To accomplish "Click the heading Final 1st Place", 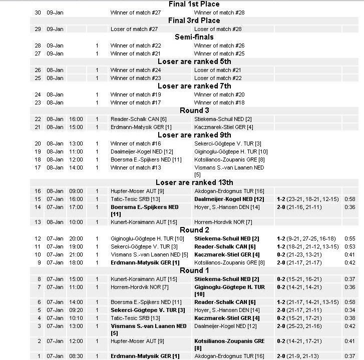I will pyautogui.click(x=194, y=4).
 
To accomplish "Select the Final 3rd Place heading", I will pyautogui.click(x=194, y=20).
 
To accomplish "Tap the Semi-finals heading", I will pyautogui.click(x=194, y=37).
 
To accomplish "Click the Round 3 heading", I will pyautogui.click(x=194, y=110).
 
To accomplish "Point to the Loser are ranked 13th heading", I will pyautogui.click(x=194, y=182).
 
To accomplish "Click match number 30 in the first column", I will pyautogui.click(x=38, y=12).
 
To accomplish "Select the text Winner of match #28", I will pyautogui.click(x=219, y=12).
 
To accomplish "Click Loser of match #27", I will pyautogui.click(x=134, y=29).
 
